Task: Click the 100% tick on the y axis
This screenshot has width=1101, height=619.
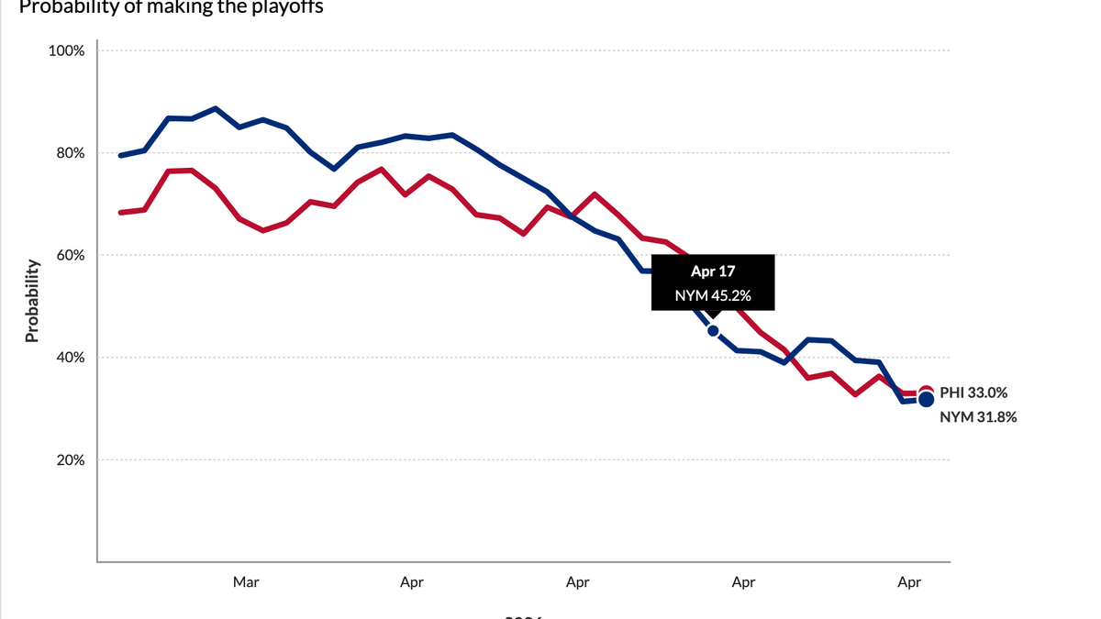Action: pyautogui.click(x=67, y=50)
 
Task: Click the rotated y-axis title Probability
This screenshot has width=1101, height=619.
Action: pyautogui.click(x=32, y=301)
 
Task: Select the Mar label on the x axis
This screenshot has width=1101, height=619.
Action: pyautogui.click(x=245, y=581)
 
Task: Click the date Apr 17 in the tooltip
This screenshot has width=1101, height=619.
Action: pyautogui.click(x=713, y=272)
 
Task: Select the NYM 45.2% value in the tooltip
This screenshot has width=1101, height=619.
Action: pyautogui.click(x=713, y=295)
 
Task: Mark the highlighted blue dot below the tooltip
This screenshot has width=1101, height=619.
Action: pyautogui.click(x=713, y=330)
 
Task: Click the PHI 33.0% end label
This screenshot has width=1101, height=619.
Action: pyautogui.click(x=973, y=392)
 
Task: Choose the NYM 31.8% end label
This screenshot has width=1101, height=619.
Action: pyautogui.click(x=978, y=417)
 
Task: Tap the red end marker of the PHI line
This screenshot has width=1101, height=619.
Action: pyautogui.click(x=926, y=392)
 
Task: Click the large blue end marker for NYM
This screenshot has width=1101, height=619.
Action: pyautogui.click(x=926, y=399)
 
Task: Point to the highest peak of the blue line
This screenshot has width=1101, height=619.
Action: pyautogui.click(x=215, y=108)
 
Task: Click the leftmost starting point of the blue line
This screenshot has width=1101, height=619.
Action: pyautogui.click(x=120, y=156)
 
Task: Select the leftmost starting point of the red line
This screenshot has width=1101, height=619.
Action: pyautogui.click(x=120, y=213)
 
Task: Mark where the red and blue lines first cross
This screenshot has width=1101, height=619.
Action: pyautogui.click(x=572, y=217)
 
